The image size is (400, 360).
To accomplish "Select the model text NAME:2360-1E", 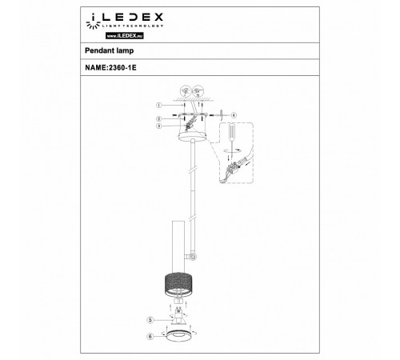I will tap(115, 68).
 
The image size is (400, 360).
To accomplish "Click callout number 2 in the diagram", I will tap(159, 118).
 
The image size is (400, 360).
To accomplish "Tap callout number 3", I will tap(159, 126).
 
